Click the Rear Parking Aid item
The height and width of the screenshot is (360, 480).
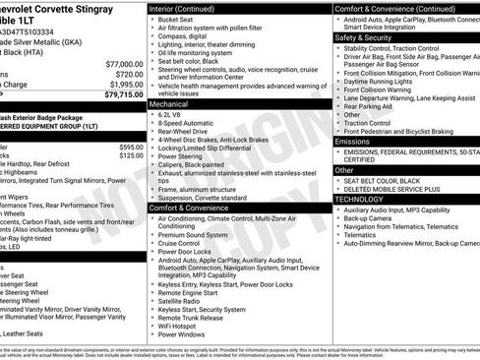(x=371, y=105)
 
